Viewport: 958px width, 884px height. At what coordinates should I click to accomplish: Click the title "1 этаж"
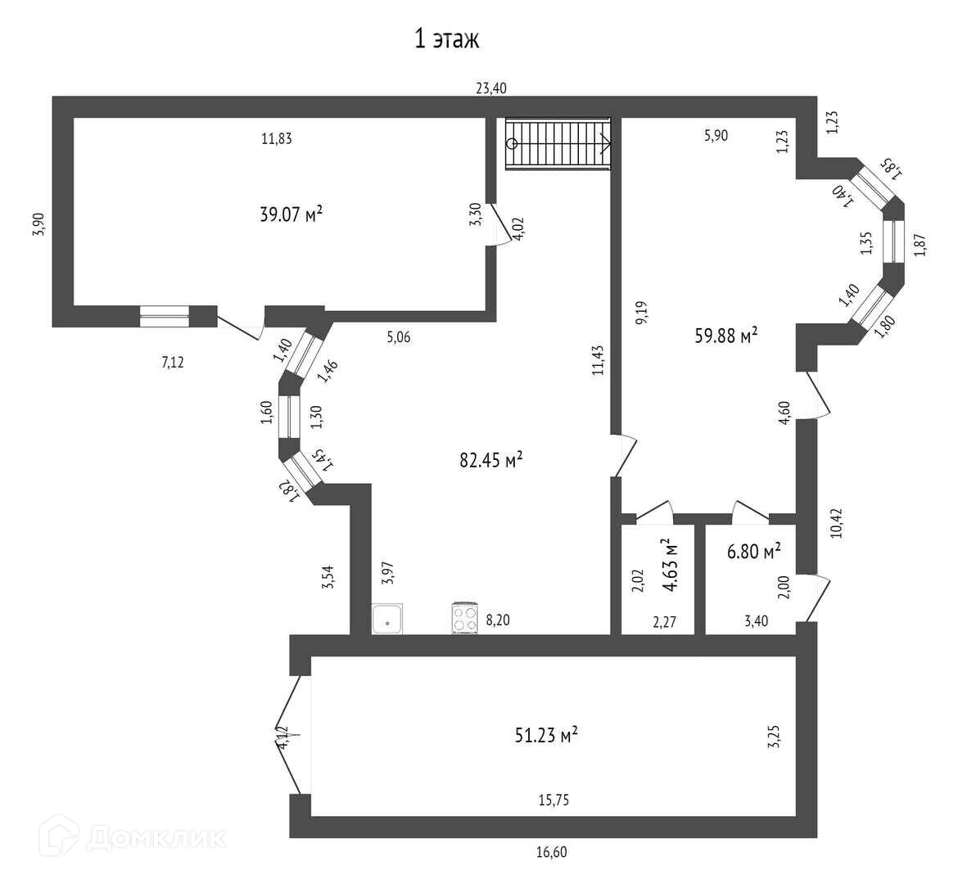click(446, 38)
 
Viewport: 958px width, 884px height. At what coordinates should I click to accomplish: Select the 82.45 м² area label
click(491, 461)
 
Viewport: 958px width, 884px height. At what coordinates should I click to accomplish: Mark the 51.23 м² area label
click(547, 735)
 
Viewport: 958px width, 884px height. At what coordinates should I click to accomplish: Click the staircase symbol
click(558, 144)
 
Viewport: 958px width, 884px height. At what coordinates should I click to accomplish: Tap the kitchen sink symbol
click(387, 619)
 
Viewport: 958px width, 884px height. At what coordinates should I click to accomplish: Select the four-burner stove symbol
click(464, 618)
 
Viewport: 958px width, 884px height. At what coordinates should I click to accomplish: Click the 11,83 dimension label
click(277, 138)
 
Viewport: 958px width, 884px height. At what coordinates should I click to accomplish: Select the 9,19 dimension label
click(641, 313)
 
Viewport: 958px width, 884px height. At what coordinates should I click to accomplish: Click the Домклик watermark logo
click(135, 837)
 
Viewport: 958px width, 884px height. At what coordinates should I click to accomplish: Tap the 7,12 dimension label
click(172, 363)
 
